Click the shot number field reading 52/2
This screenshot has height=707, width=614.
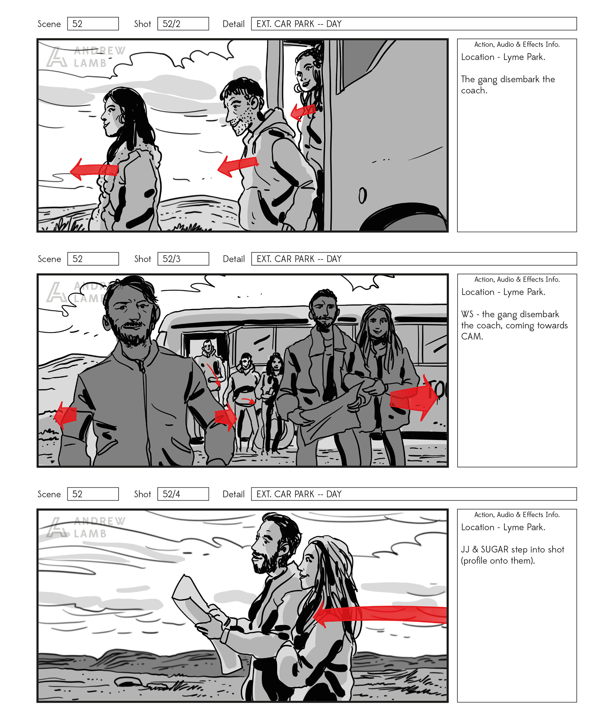click(183, 24)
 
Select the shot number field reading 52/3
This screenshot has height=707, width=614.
click(183, 259)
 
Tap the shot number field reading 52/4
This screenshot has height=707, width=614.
click(183, 494)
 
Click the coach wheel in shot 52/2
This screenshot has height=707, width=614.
click(403, 217)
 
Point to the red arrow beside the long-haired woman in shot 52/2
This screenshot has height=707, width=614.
click(94, 169)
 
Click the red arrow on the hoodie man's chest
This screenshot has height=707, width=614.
click(238, 165)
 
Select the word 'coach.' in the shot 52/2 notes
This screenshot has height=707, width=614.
click(474, 91)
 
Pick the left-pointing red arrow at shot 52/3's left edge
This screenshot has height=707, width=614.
click(66, 415)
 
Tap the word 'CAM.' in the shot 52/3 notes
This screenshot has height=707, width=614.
click(472, 336)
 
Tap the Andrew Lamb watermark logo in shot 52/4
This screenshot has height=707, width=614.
click(86, 527)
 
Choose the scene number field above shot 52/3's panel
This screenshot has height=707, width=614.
click(93, 259)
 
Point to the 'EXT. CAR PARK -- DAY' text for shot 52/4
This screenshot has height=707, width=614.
click(299, 494)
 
